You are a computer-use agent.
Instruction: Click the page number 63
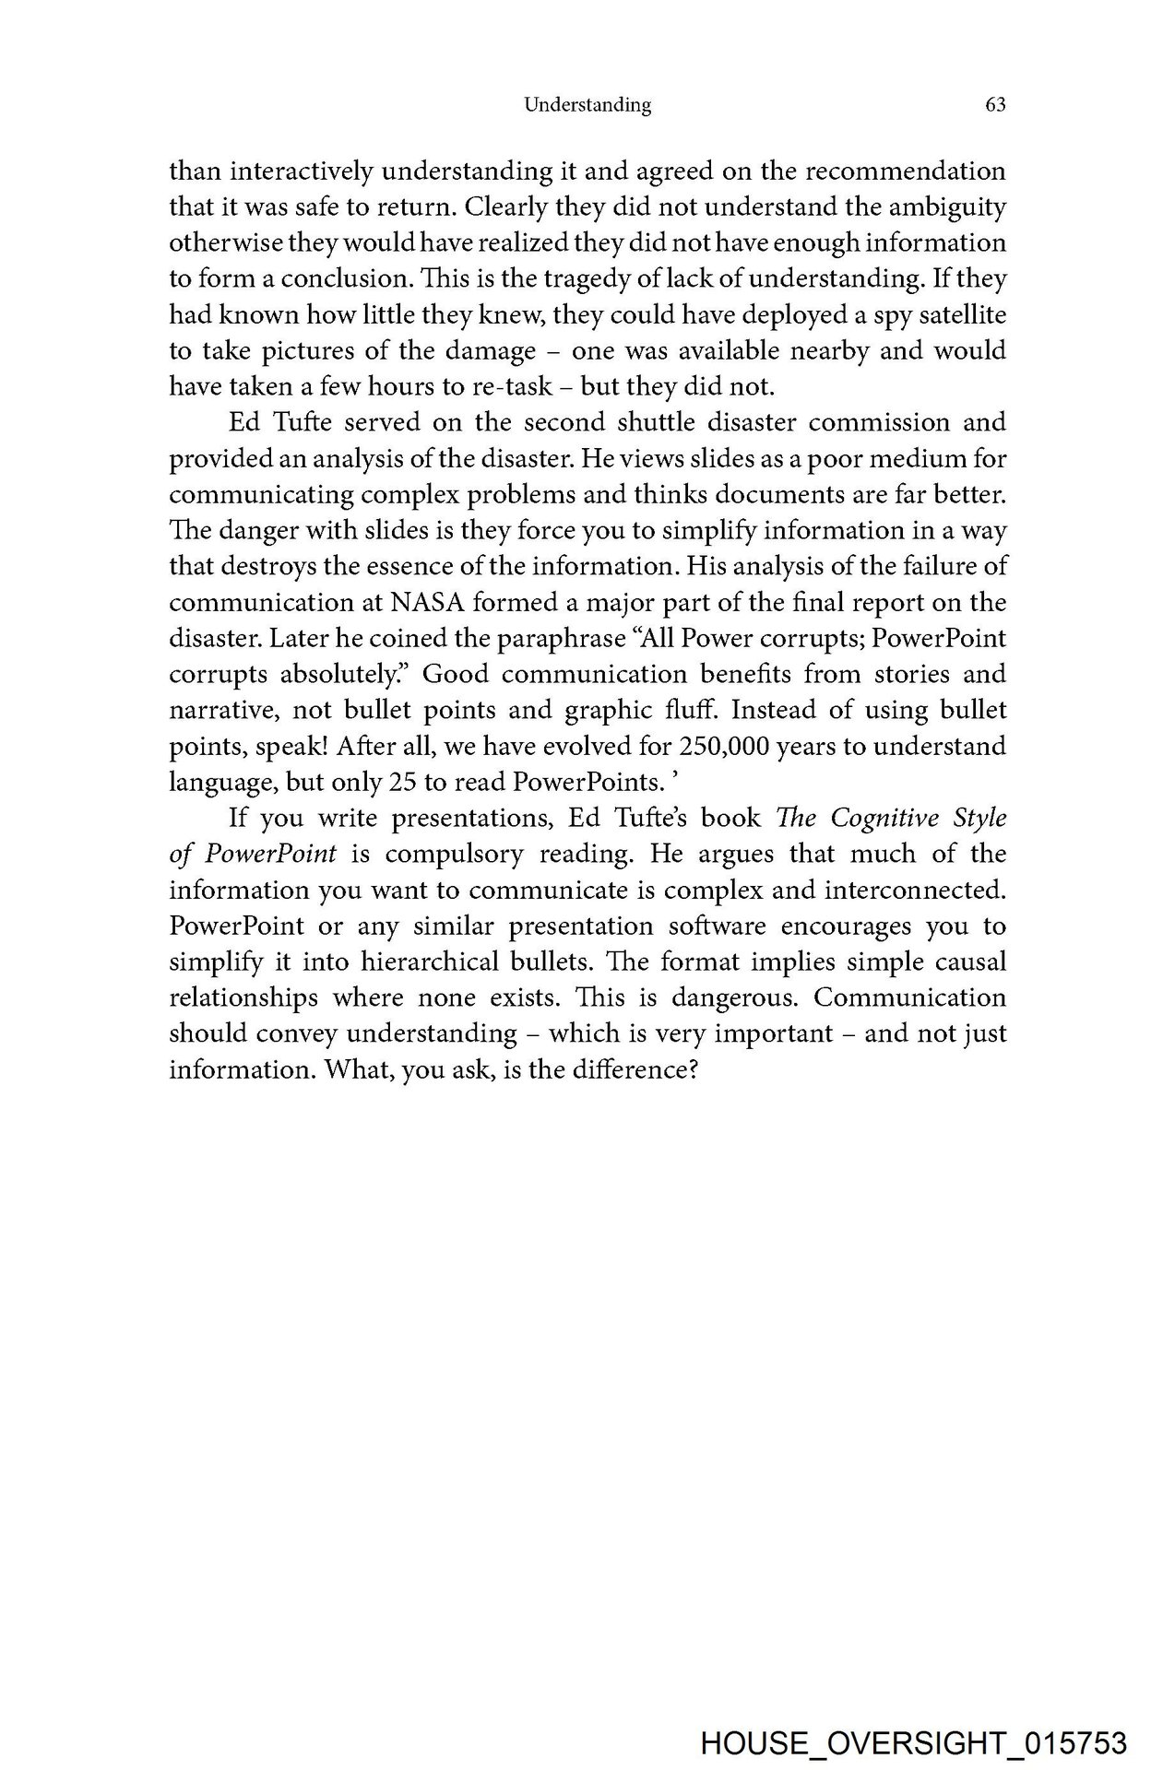point(995,105)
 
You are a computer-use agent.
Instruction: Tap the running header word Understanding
point(587,105)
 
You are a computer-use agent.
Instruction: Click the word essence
point(391,567)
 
